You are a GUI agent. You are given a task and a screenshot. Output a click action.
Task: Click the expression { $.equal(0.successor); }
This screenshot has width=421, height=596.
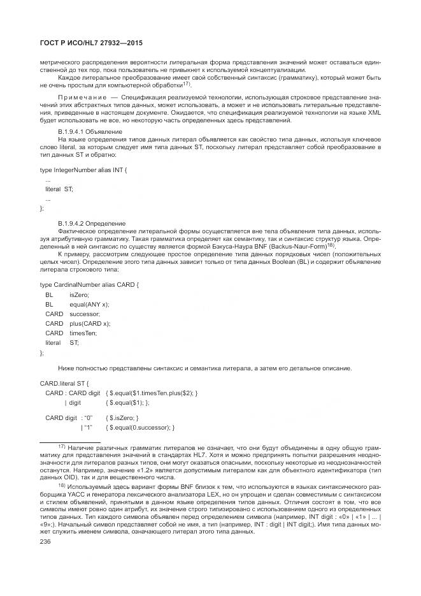click(140, 426)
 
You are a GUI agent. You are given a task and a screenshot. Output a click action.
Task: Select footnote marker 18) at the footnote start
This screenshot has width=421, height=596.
click(62, 484)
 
